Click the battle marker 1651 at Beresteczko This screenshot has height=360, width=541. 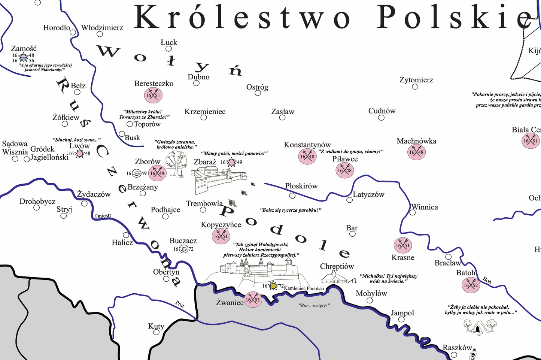tap(153, 95)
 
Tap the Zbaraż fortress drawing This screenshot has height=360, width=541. tap(219, 180)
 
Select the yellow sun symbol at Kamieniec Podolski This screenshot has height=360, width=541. tap(273, 286)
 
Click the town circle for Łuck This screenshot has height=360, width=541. tap(169, 49)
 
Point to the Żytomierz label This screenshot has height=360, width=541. tap(416, 80)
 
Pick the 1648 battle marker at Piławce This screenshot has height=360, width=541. tap(344, 170)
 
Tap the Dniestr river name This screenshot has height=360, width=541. tap(103, 216)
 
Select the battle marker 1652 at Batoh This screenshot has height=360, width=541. tap(471, 285)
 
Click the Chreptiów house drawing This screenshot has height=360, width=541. tap(335, 278)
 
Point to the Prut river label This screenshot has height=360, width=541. tap(180, 304)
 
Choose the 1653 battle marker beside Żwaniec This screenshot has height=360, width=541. tap(253, 300)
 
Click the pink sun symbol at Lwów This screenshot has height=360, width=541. tap(79, 153)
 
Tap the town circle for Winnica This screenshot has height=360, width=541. tap(412, 212)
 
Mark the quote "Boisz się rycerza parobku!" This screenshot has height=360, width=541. tap(291, 210)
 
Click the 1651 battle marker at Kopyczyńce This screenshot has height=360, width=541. tap(221, 236)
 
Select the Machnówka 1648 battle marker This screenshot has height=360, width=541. tap(416, 152)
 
